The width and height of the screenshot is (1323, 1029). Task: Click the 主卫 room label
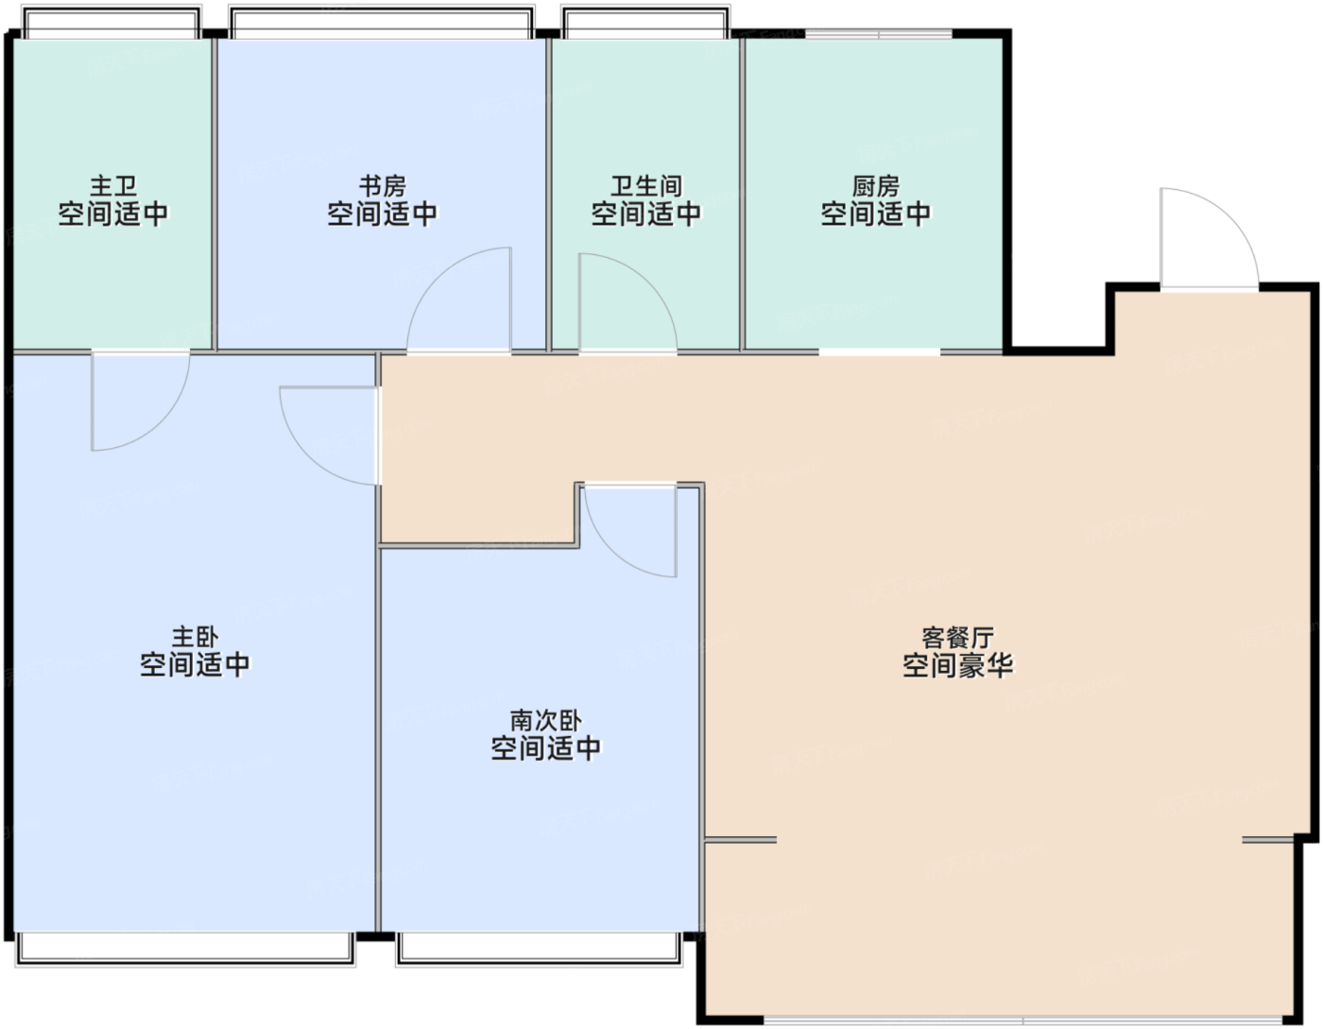click(113, 185)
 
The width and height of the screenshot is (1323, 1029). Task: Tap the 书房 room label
click(383, 185)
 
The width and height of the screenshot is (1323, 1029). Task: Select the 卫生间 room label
click(646, 185)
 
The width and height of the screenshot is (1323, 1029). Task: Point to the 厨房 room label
click(875, 185)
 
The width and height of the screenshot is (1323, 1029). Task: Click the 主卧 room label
click(195, 637)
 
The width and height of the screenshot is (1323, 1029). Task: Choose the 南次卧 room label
click(545, 720)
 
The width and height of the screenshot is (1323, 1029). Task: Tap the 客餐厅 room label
click(957, 637)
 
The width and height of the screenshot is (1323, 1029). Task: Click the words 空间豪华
click(957, 665)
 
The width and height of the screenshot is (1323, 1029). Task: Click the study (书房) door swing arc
click(438, 274)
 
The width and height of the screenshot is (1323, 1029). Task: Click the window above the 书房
click(382, 23)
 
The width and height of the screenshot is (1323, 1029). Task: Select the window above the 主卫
click(112, 23)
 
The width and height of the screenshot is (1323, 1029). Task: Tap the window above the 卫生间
click(645, 23)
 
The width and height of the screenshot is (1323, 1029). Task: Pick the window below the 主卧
click(184, 949)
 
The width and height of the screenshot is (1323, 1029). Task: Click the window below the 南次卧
click(539, 949)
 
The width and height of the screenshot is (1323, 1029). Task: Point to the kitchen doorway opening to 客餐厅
click(879, 352)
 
